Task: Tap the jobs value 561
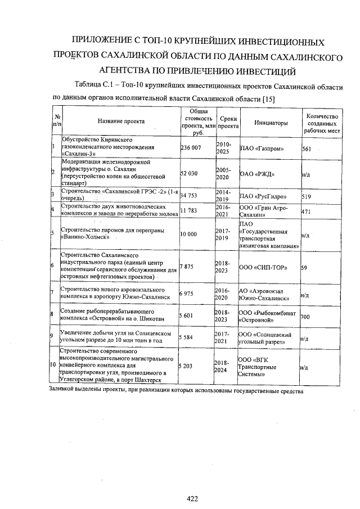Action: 307,148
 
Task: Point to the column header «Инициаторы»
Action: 271,122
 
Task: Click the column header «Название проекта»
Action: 121,121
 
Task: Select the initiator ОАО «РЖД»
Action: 257,174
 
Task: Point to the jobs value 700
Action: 306,317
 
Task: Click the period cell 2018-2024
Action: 224,367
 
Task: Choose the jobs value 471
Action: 307,211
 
